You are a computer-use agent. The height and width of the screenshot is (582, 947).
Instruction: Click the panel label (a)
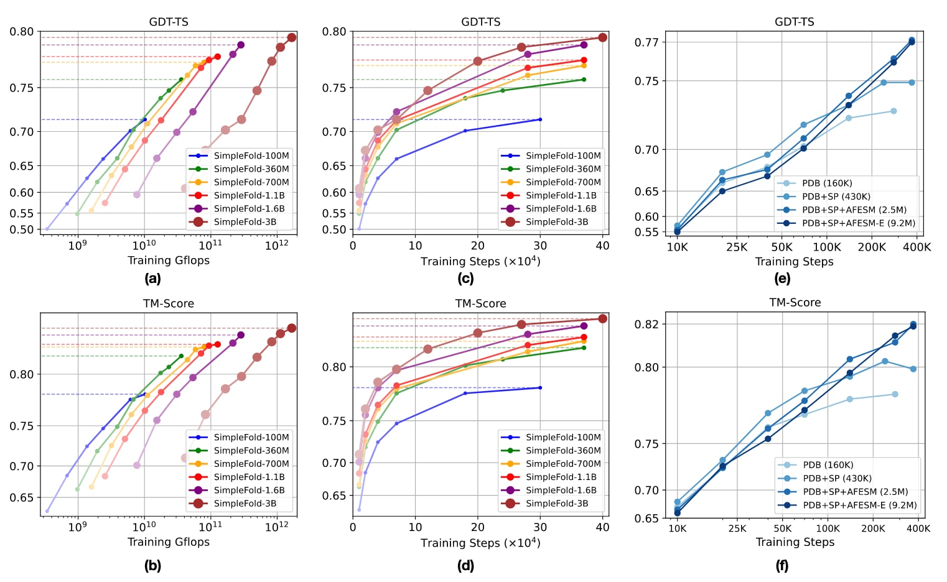coord(152,279)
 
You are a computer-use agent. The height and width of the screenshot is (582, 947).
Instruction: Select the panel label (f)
coord(782,566)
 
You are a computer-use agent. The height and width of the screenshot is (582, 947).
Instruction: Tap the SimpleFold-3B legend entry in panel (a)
coord(245,222)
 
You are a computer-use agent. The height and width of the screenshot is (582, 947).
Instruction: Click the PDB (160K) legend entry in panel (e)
coord(827,183)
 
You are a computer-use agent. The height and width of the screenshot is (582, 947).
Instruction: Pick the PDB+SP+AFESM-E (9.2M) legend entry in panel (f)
coord(859,506)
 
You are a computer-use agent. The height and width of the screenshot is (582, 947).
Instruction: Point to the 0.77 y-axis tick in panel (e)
coord(646,42)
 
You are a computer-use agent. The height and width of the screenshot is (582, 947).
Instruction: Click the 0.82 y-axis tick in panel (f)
coord(646,324)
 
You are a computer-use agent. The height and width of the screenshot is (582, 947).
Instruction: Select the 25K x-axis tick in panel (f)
coord(737,529)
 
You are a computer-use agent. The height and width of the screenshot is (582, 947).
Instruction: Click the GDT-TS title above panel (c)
coord(481,22)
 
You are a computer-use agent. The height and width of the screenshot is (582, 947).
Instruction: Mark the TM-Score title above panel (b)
coord(169,303)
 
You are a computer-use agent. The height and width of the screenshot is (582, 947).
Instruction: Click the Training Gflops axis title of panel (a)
coord(169,261)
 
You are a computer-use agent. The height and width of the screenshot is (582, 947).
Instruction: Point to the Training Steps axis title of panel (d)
coord(480,543)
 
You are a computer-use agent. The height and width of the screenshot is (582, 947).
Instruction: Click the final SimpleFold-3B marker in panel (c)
coord(602,38)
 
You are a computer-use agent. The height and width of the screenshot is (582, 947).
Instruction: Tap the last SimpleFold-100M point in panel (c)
coord(539,119)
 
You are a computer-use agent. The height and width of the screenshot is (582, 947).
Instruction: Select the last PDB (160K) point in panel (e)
coord(893,111)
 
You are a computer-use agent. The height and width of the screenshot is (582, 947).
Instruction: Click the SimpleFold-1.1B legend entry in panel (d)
coord(561,477)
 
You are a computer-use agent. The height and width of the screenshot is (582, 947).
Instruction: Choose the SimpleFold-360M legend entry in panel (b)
coord(251,451)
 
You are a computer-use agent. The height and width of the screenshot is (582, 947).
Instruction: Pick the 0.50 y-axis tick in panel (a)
coord(22,229)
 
